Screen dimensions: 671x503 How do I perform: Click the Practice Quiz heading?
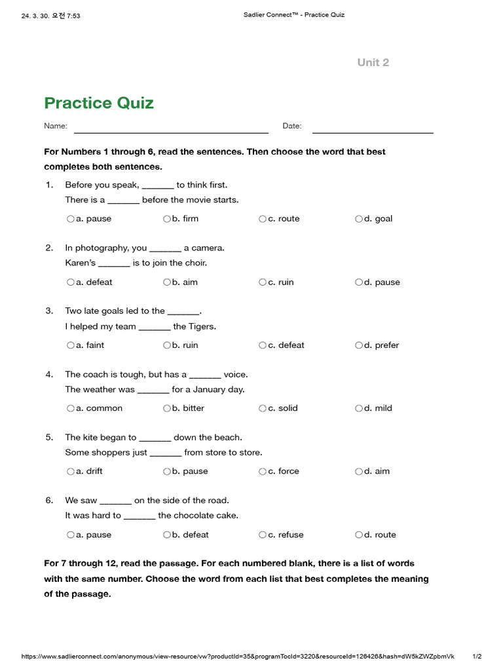pos(99,103)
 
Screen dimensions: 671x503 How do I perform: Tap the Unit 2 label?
pos(373,62)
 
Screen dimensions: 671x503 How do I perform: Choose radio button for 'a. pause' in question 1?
pos(70,219)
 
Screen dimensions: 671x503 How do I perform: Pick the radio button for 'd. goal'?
pos(358,219)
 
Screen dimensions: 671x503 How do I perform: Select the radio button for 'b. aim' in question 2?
pos(166,282)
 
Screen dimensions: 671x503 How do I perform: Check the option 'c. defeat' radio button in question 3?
pos(262,345)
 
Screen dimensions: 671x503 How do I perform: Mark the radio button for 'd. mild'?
pos(358,408)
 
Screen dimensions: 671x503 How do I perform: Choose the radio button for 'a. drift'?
pos(70,471)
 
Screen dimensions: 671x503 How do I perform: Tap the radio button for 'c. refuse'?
pos(262,535)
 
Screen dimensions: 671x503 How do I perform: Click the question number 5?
pos(49,437)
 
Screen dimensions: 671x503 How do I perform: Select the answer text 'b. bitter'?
pos(188,408)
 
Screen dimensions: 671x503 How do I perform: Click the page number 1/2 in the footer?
pos(477,656)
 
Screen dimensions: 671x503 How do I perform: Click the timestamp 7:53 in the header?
pos(72,16)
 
